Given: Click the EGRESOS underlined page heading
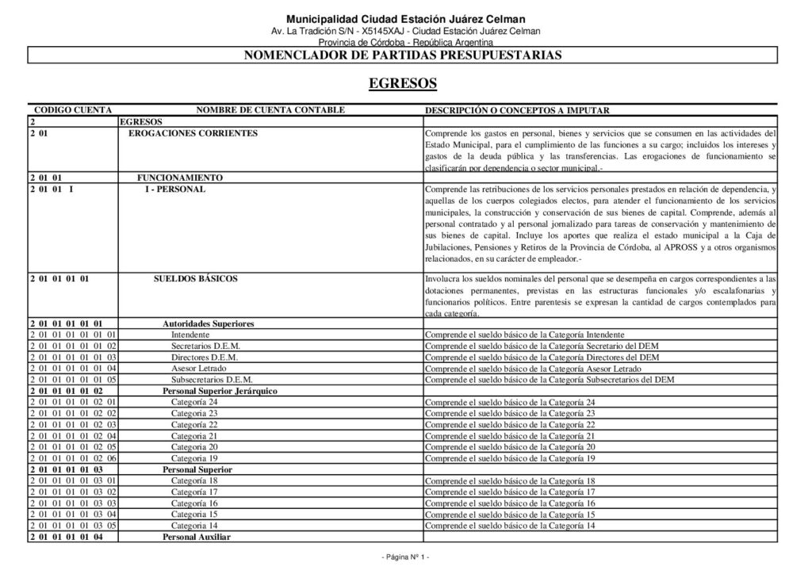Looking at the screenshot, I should click(403, 83).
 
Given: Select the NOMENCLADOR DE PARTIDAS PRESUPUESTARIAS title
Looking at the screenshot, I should click(403, 55).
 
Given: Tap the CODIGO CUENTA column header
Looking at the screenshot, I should click(73, 110).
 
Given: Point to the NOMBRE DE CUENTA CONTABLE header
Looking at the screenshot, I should click(270, 110).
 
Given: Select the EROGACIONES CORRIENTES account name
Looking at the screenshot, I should click(193, 133).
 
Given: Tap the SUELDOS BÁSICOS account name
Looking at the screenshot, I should click(195, 279).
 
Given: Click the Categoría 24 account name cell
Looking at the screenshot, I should click(194, 403).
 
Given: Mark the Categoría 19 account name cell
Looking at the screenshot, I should click(194, 458).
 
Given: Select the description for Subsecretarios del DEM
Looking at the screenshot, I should click(543, 380).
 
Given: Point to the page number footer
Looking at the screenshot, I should click(405, 557).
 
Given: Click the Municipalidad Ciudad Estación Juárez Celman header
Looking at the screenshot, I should click(405, 19).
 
